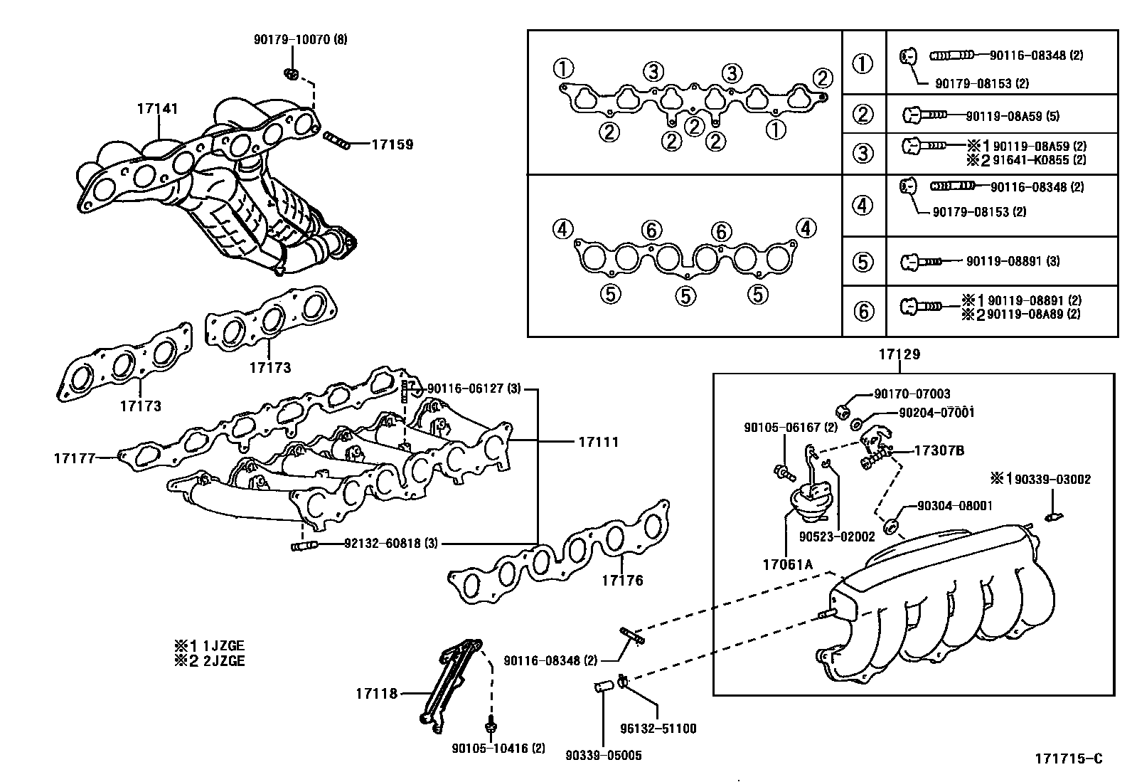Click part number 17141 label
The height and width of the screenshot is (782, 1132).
coord(157,109)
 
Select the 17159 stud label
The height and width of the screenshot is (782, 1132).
coord(392,144)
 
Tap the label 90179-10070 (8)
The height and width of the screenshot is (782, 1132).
coord(300,40)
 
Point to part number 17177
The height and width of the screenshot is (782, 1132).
coord(75,458)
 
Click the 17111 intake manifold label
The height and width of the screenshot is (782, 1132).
coord(598,442)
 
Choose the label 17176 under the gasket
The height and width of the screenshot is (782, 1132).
coord(622,581)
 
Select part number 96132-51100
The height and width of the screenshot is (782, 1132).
coord(658,729)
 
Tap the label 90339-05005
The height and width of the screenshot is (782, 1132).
coord(604,755)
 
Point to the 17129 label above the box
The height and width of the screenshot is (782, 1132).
coord(899,354)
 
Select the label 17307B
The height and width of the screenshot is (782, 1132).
coord(939,450)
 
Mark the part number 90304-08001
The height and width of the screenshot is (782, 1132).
coord(955,506)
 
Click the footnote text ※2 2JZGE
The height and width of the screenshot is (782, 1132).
coord(210,661)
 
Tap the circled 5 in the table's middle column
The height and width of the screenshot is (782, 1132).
coord(863,261)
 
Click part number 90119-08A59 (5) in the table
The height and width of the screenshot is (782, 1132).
coord(1013,115)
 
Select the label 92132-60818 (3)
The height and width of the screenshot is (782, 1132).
coord(390,544)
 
